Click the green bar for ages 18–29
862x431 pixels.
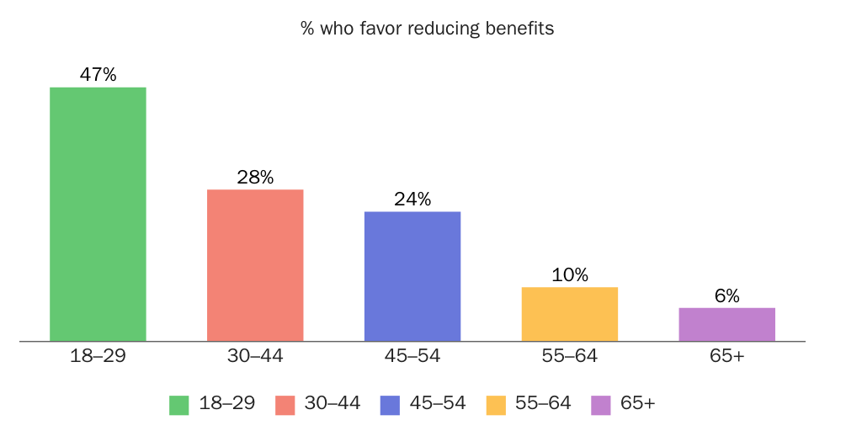pyautogui.click(x=98, y=215)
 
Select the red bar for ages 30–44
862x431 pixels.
pyautogui.click(x=255, y=265)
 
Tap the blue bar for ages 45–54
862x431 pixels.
pyautogui.click(x=412, y=276)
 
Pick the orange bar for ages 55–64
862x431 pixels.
pyautogui.click(x=570, y=314)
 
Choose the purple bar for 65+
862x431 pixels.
pyautogui.click(x=726, y=324)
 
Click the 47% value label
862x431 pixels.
pyautogui.click(x=98, y=75)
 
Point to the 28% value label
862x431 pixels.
pyautogui.click(x=255, y=178)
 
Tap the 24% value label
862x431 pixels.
pyautogui.click(x=412, y=200)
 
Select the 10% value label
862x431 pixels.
pyautogui.click(x=570, y=275)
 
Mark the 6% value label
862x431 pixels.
pyautogui.click(x=727, y=296)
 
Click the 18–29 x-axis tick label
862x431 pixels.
pyautogui.click(x=98, y=356)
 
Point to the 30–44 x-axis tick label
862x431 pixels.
pyautogui.click(x=255, y=356)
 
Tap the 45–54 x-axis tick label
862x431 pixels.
pyautogui.click(x=412, y=356)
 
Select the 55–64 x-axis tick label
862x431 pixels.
pyautogui.click(x=570, y=356)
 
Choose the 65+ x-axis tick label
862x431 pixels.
pyautogui.click(x=727, y=356)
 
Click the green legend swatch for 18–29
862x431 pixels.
pyautogui.click(x=179, y=404)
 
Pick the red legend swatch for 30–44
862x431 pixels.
pyautogui.click(x=285, y=404)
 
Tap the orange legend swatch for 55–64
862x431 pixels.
pyautogui.click(x=496, y=404)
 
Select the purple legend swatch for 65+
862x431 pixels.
pyautogui.click(x=601, y=404)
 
